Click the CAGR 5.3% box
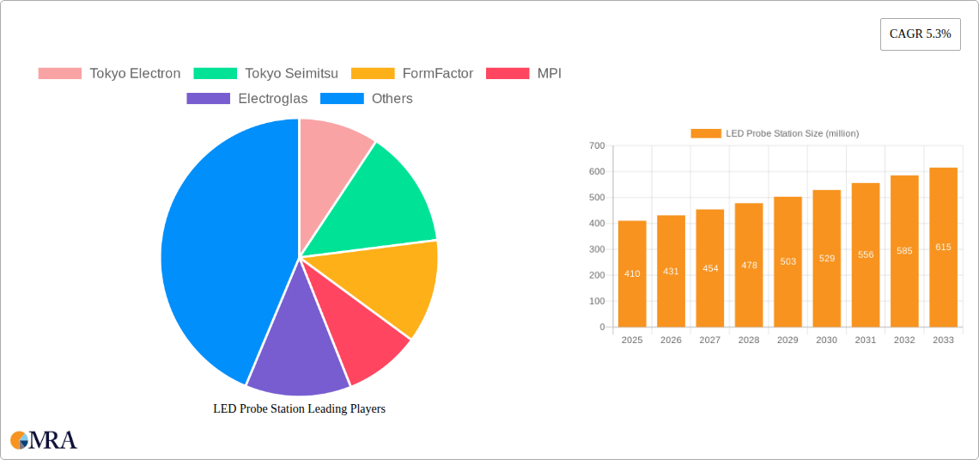coord(920,34)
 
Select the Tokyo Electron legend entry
coord(110,74)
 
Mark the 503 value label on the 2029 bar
coord(787,261)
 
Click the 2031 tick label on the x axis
coord(866,340)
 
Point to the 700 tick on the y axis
coord(597,146)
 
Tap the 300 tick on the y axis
coord(597,249)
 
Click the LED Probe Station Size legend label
coord(792,133)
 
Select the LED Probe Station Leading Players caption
coord(299,409)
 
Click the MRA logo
coord(44,440)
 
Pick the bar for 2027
coord(710,267)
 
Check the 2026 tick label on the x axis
coord(671,340)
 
